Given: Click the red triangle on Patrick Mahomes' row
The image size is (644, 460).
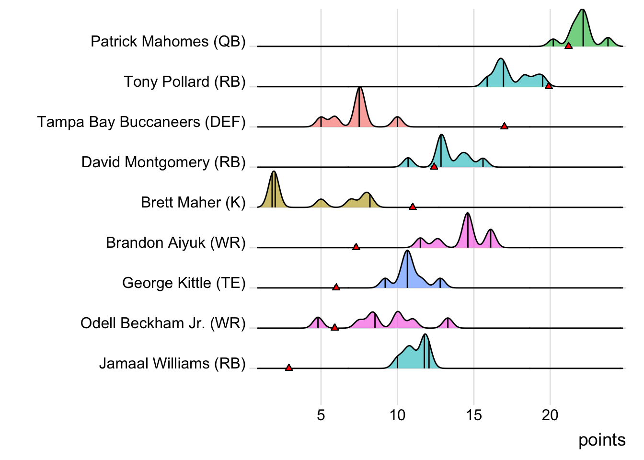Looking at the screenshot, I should tap(568, 46).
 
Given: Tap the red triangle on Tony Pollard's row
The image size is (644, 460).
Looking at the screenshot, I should tap(549, 86).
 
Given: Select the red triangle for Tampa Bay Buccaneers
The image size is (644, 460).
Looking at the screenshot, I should tap(504, 126).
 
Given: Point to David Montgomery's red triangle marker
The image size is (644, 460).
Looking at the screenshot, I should tap(434, 166).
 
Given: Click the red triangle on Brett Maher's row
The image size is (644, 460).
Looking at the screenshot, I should tap(413, 207).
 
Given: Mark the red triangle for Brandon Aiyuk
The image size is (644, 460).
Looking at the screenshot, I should tap(356, 247).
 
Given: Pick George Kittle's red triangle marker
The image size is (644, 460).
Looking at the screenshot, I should tap(336, 287).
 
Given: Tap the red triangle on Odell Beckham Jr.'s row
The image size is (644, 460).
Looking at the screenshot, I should tap(334, 327).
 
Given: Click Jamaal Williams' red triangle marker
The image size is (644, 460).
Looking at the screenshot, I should tap(289, 368).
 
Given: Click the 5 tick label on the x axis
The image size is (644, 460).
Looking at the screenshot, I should tap(321, 415).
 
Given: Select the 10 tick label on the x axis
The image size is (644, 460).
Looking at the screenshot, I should tap(397, 415).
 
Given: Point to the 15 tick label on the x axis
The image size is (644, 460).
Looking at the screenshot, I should tap(474, 415).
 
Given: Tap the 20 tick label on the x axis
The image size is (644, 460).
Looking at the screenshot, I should tap(550, 415).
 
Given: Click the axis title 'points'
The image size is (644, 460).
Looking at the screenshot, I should tap(602, 440).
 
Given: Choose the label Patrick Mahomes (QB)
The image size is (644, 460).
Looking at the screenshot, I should tap(168, 42).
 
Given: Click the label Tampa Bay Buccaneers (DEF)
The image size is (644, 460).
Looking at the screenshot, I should tap(141, 122).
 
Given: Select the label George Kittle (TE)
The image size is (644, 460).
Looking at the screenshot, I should tap(184, 283).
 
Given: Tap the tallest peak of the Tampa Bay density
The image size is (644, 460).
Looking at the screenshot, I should tap(359, 88).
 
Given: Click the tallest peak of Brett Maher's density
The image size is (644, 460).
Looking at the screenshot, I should tap(274, 172).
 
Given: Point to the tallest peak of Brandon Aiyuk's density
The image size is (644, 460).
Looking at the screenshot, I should tap(468, 214).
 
